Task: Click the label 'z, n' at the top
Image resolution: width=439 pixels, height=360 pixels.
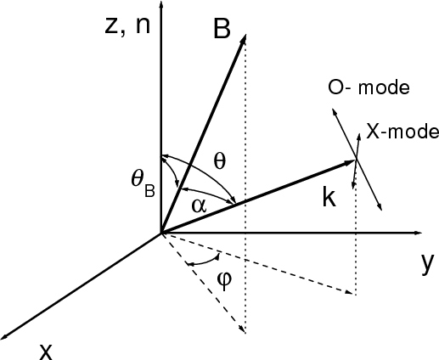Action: [127, 26]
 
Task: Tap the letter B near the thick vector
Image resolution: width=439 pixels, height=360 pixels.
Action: [222, 29]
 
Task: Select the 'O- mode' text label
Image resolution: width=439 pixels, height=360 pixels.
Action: [369, 87]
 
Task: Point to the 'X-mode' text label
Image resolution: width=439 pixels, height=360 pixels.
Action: [402, 132]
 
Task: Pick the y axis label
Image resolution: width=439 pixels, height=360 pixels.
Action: [426, 263]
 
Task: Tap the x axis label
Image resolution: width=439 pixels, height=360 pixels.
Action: [46, 352]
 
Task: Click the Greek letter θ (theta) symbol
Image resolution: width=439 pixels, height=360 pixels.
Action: [220, 162]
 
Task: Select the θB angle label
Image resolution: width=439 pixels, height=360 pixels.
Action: [143, 183]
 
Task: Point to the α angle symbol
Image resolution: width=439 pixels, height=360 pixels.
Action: [200, 205]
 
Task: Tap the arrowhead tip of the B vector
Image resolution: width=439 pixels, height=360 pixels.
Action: [246, 35]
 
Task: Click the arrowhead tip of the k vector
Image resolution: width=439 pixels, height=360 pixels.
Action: [355, 160]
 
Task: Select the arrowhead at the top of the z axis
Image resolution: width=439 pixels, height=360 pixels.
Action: [161, 2]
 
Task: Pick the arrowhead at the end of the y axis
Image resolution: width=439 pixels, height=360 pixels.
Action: [422, 233]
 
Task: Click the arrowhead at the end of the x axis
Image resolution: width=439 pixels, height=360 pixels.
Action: [2, 338]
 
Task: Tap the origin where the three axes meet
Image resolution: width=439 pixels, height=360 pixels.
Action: [161, 233]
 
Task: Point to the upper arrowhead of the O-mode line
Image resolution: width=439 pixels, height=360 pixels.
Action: [333, 110]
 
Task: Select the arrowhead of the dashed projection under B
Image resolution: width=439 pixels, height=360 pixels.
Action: [244, 332]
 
